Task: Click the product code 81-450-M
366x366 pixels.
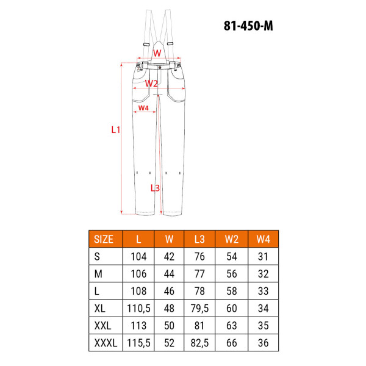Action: point(248,26)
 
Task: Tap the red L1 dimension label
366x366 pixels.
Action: point(115,129)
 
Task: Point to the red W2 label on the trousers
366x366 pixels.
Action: point(151,83)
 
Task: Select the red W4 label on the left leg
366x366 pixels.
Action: point(143,108)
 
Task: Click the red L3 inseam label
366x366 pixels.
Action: point(155,188)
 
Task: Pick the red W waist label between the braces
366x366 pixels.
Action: point(157,53)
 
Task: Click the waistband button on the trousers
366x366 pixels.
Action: point(160,68)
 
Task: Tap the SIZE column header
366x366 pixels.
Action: point(104,239)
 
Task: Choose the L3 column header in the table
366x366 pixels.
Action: point(199,239)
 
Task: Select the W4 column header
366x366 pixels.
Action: point(264,239)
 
